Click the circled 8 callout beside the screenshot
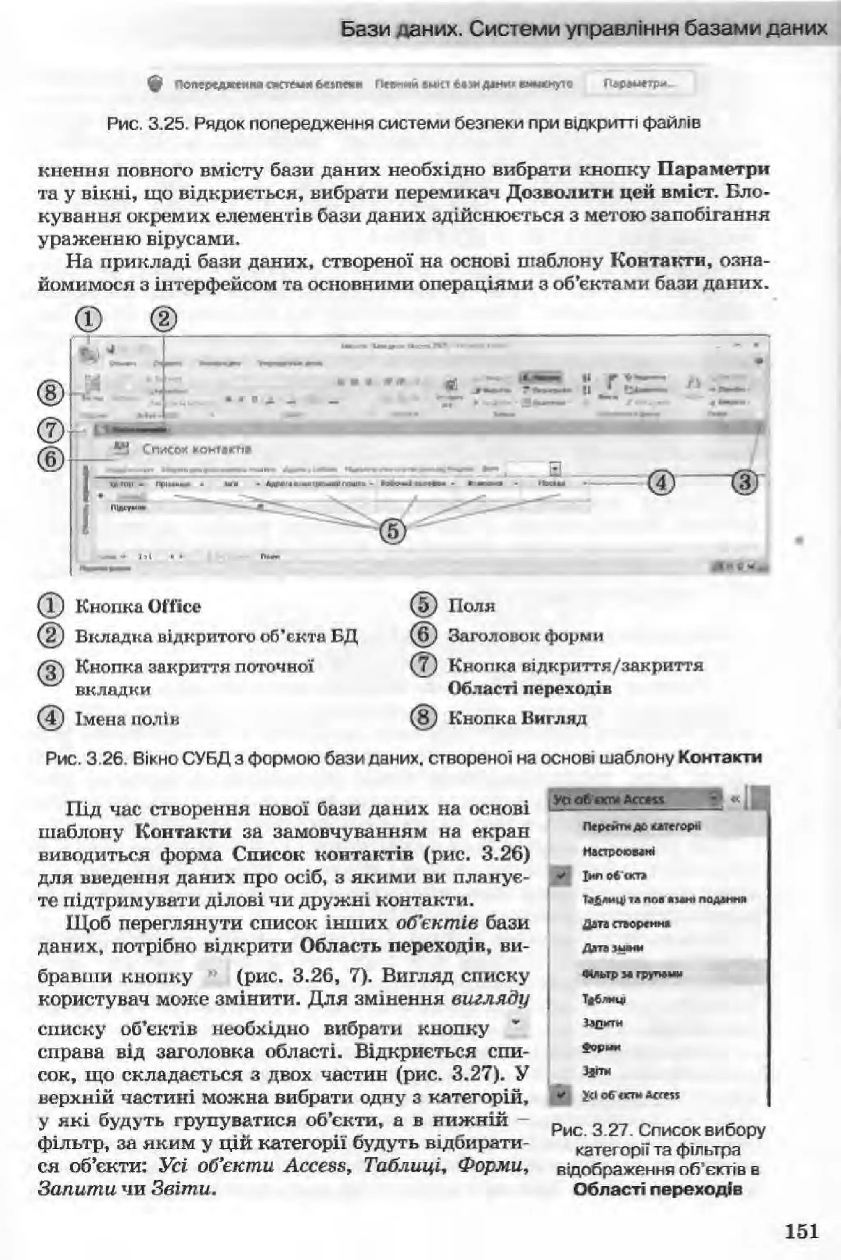click(50, 394)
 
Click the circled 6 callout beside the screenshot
click(50, 459)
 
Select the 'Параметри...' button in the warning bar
click(641, 84)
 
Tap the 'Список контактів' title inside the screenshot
click(197, 449)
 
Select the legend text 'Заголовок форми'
click(526, 636)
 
